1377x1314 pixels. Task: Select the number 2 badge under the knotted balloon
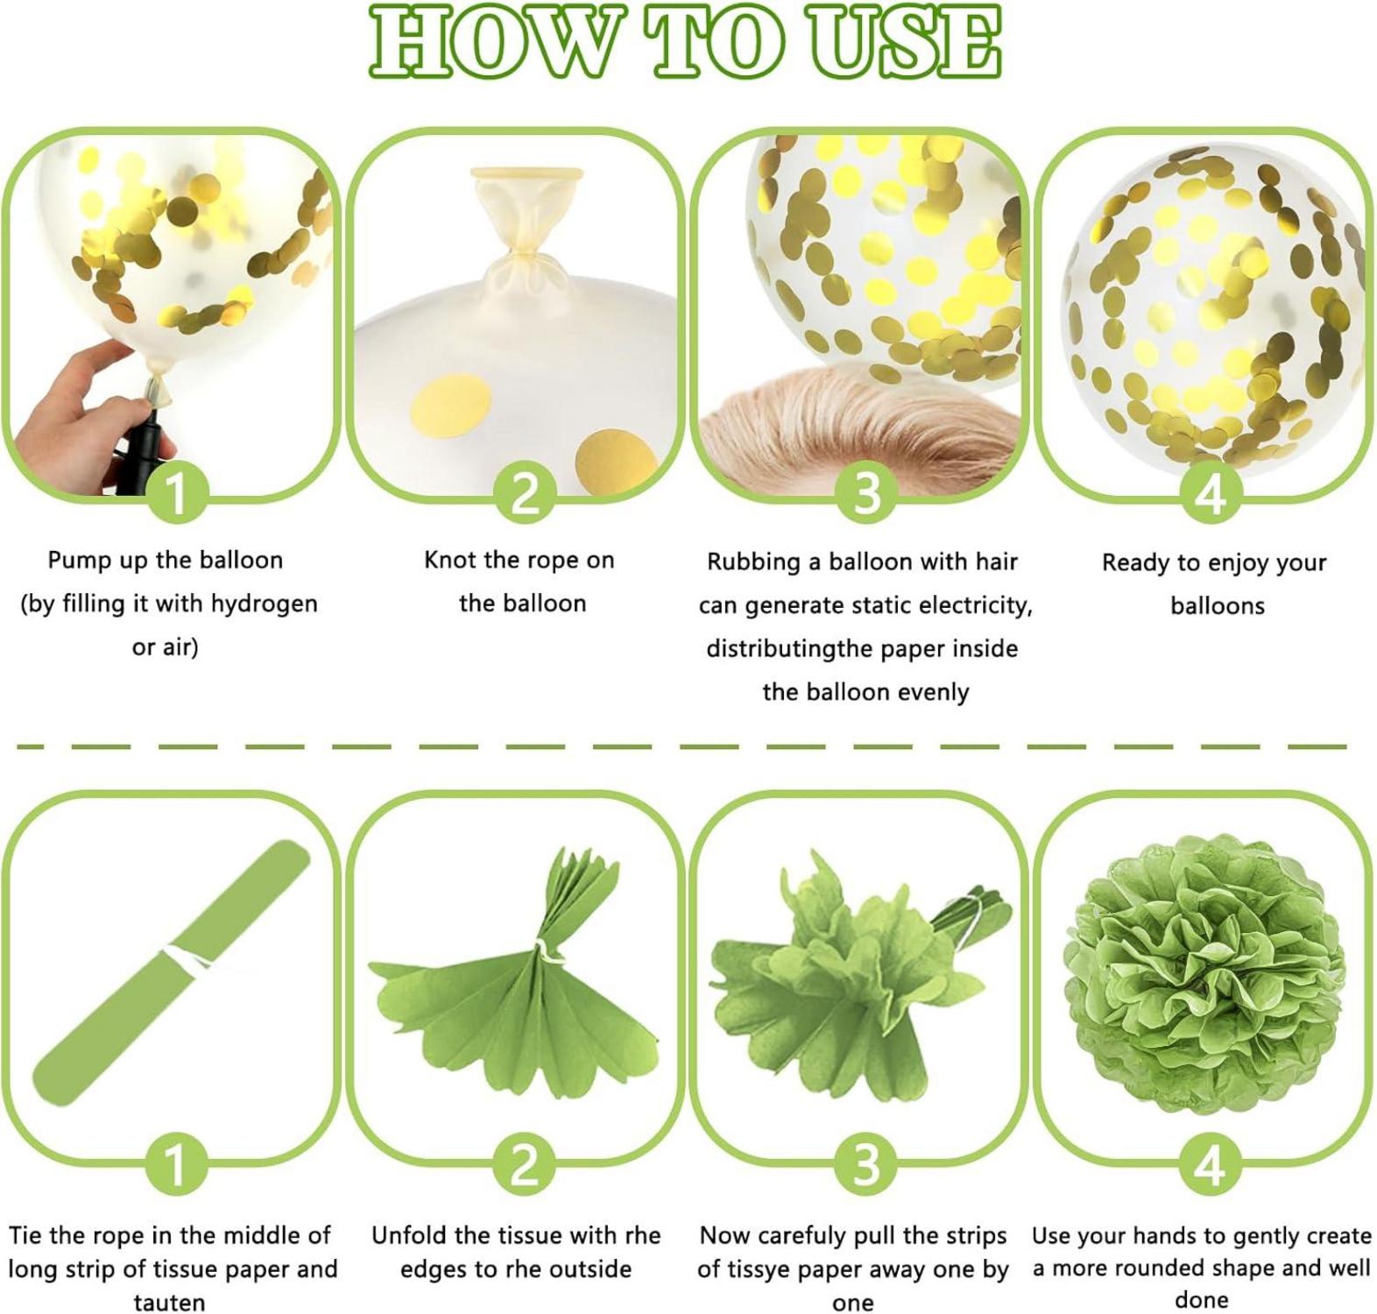click(x=524, y=492)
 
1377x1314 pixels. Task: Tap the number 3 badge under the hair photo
click(x=866, y=492)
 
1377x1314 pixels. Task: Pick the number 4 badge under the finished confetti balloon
click(x=1211, y=492)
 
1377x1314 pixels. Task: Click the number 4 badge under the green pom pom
click(x=1209, y=1165)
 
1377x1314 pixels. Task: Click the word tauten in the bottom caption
click(x=169, y=1303)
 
